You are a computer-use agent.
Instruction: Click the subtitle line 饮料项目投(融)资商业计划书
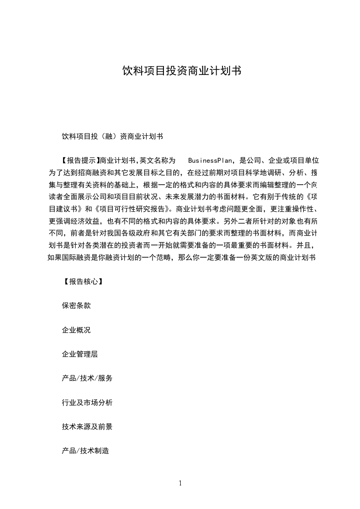(112, 136)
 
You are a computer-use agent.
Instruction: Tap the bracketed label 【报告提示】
(79, 161)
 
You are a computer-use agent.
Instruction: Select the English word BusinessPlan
(210, 161)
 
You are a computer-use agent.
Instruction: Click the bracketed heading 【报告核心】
(80, 281)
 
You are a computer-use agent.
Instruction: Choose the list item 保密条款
(76, 306)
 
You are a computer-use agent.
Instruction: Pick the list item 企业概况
(76, 330)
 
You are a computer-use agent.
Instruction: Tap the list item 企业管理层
(79, 354)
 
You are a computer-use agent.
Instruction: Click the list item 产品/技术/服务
(87, 378)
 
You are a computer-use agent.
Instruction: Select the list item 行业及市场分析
(87, 403)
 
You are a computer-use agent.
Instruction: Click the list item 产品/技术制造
(85, 451)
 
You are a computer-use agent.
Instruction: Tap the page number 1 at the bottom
(180, 483)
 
